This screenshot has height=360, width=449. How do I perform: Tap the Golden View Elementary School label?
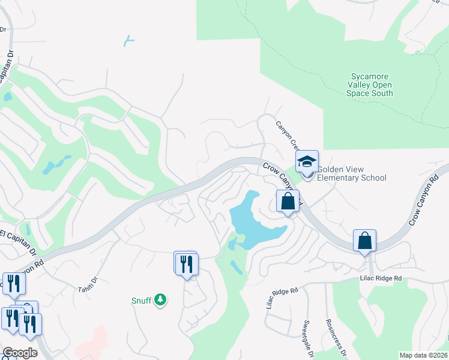click(x=351, y=173)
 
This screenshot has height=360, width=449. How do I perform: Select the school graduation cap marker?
click(x=307, y=162)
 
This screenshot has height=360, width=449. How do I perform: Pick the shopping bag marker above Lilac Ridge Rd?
click(x=364, y=241)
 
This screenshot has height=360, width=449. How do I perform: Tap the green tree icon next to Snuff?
click(x=160, y=299)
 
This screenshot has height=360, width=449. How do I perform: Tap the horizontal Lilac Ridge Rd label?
click(x=380, y=278)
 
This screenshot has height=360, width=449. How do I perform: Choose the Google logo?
click(x=20, y=352)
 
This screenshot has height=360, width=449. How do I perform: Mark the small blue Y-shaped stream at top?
click(x=128, y=41)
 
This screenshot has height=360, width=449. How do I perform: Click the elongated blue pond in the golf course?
click(x=56, y=164)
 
